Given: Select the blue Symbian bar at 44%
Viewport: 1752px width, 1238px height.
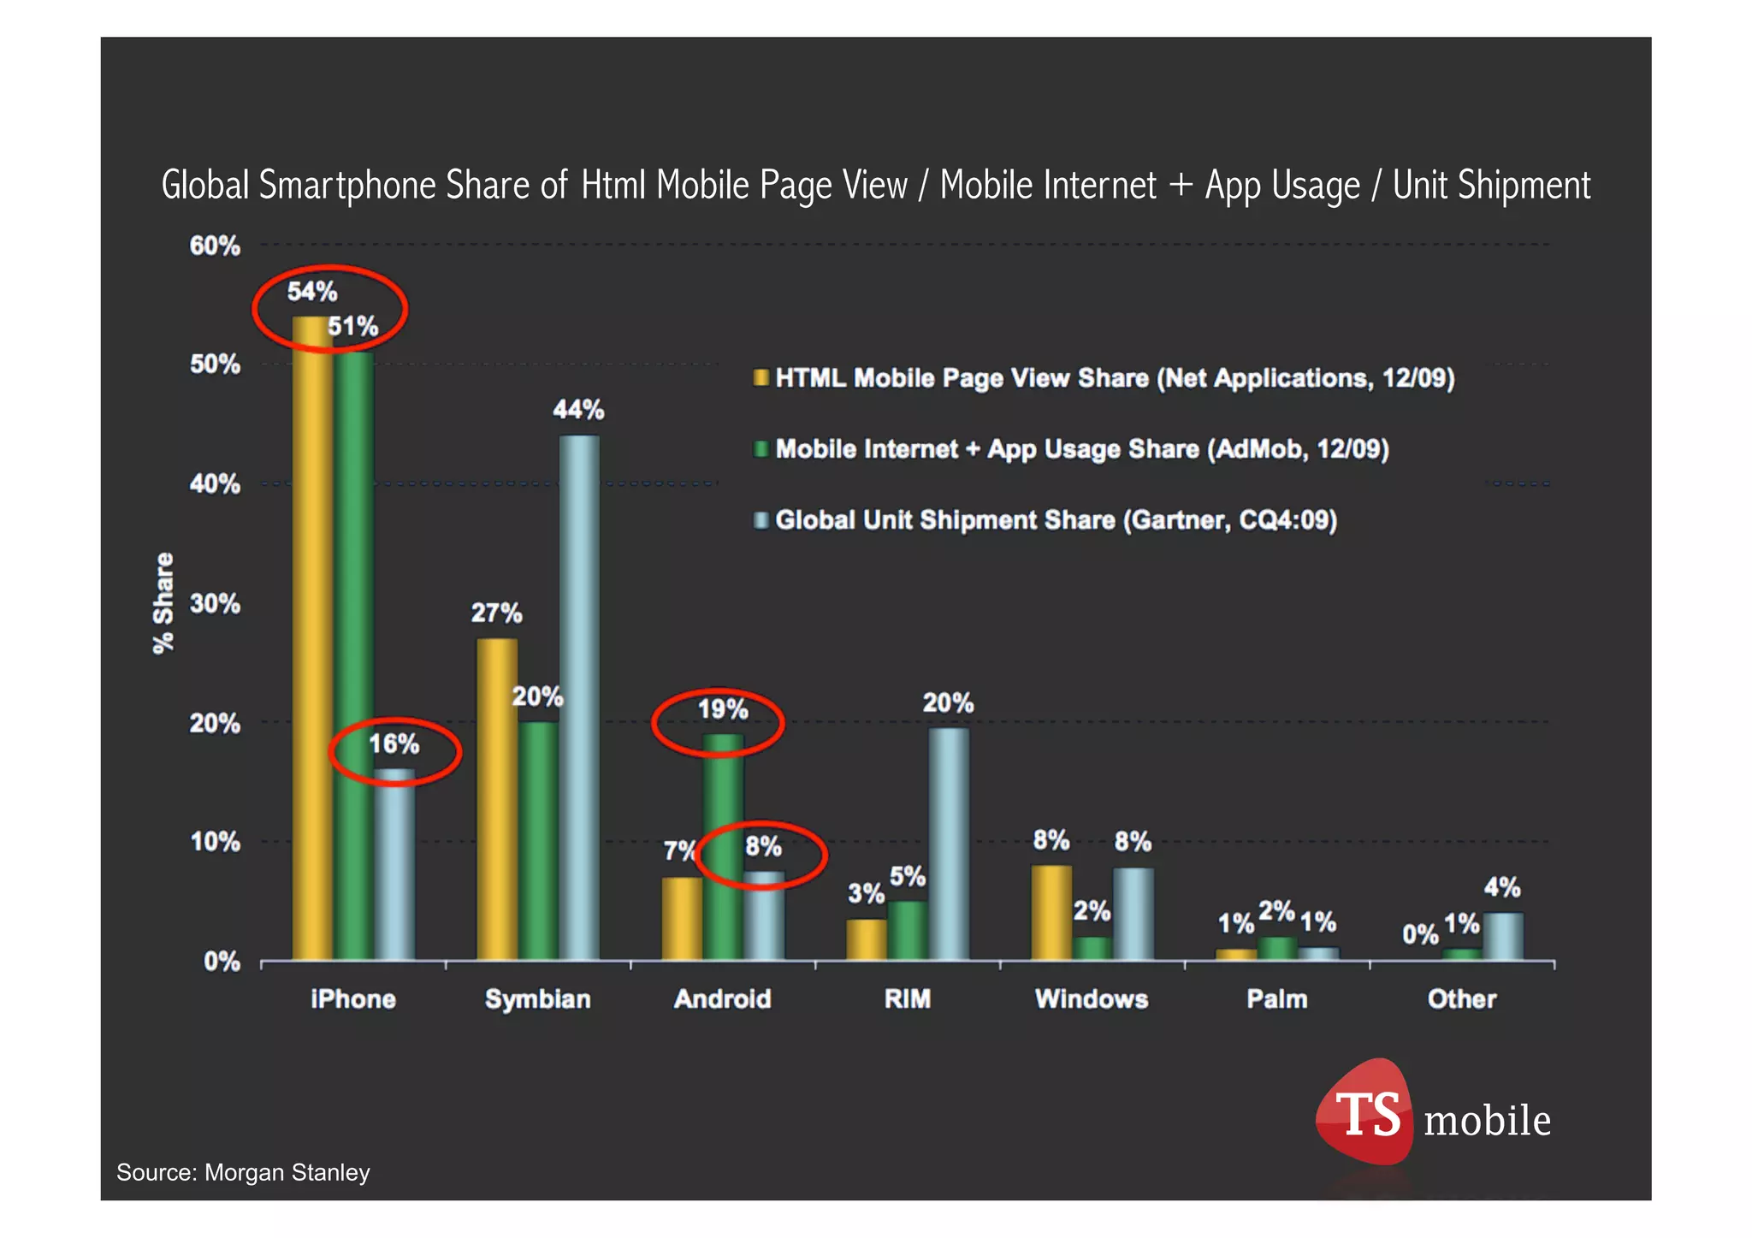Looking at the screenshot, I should coord(579,697).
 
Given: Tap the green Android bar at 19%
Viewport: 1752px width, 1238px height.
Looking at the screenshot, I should coord(723,847).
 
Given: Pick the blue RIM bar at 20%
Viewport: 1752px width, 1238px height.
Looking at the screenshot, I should coord(949,844).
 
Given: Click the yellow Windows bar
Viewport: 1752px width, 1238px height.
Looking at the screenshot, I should coord(1051,912).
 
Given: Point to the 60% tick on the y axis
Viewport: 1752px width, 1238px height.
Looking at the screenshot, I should coord(215,246).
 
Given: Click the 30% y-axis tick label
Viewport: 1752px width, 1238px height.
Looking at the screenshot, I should coord(215,604).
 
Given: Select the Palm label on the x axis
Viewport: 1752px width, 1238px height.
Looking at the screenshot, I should coord(1276,999).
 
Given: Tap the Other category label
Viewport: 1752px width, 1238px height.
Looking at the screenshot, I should coord(1461,999).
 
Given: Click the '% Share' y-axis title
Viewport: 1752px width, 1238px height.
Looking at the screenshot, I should coord(163,603).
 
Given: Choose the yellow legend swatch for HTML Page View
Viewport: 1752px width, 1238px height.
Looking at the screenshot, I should coord(761,378).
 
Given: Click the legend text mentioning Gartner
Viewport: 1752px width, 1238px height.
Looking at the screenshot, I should coord(1056,520).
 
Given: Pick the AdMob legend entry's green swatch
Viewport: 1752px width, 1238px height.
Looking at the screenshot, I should coord(761,449).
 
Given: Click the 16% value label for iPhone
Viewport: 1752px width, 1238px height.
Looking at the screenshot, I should coord(394,744).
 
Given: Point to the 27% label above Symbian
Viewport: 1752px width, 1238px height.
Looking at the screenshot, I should coord(496,613).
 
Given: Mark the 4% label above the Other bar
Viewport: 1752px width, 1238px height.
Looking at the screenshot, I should coord(1501,887).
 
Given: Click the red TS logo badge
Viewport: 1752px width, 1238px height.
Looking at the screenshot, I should coord(1365,1112).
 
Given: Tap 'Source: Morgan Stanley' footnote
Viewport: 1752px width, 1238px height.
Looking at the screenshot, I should coord(243,1173).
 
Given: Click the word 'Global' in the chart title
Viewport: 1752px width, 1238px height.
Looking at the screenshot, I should coord(205,186).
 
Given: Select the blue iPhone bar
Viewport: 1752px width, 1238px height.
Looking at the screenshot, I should coord(394,864).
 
